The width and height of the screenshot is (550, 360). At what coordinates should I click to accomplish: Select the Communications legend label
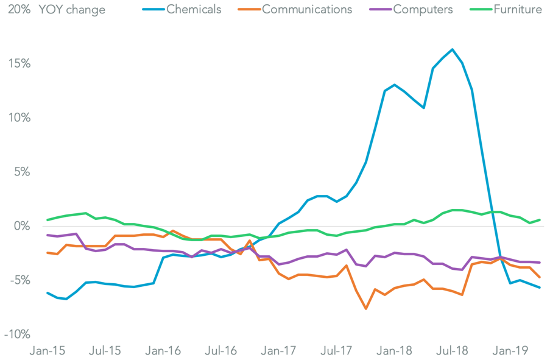[x=307, y=10]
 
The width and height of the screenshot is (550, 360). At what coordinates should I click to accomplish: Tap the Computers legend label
[x=422, y=10]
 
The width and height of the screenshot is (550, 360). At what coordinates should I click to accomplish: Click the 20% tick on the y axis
[x=18, y=10]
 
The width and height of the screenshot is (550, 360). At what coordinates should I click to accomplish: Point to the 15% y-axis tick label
[x=18, y=64]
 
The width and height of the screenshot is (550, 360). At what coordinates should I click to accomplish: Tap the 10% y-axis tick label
[x=18, y=118]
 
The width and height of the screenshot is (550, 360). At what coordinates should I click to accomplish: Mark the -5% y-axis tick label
[x=18, y=281]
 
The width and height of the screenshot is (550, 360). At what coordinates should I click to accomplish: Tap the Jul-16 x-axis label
[x=221, y=351]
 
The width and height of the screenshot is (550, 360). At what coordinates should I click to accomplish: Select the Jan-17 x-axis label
[x=278, y=351]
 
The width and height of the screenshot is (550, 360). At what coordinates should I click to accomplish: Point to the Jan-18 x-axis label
[x=395, y=351]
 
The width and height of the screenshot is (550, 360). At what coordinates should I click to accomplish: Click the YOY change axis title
[x=72, y=10]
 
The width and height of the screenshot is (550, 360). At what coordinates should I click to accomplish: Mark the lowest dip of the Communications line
[x=366, y=309]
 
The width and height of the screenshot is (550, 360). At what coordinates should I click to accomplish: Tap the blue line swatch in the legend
[x=152, y=10]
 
